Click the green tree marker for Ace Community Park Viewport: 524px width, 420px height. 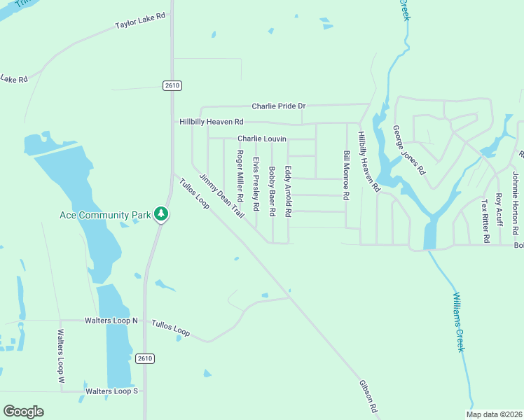click(162, 214)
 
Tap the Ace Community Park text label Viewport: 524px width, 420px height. click(105, 215)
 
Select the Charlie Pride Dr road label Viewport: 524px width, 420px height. click(279, 106)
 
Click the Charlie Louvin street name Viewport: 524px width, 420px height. click(262, 139)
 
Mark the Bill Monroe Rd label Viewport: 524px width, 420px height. click(346, 175)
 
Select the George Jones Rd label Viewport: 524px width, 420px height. click(409, 150)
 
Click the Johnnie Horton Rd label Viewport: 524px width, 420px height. click(515, 202)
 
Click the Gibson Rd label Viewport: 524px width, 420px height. click(368, 397)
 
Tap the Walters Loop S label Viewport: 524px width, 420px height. click(111, 391)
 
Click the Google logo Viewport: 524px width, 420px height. click(23, 412)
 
